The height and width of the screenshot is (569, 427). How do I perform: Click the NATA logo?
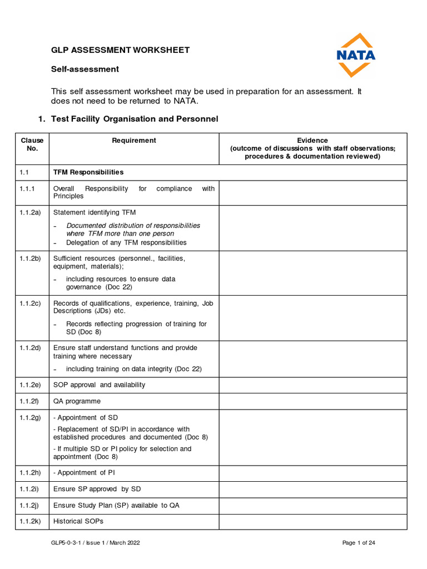click(356, 55)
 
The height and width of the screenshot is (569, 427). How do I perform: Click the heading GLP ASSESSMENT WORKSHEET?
click(120, 50)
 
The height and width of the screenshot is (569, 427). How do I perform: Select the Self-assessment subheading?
click(85, 69)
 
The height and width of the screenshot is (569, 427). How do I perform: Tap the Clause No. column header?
click(32, 144)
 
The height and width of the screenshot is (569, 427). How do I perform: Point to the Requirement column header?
click(134, 141)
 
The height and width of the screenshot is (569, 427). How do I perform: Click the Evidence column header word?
click(312, 141)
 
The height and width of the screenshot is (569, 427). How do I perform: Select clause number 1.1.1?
click(27, 189)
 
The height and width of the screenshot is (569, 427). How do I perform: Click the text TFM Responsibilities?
click(88, 172)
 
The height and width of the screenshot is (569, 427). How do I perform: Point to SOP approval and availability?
click(99, 385)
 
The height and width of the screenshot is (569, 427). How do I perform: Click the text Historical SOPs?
click(78, 521)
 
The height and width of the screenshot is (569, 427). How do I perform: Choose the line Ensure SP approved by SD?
click(97, 489)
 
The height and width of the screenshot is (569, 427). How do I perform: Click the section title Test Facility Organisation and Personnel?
click(135, 119)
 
